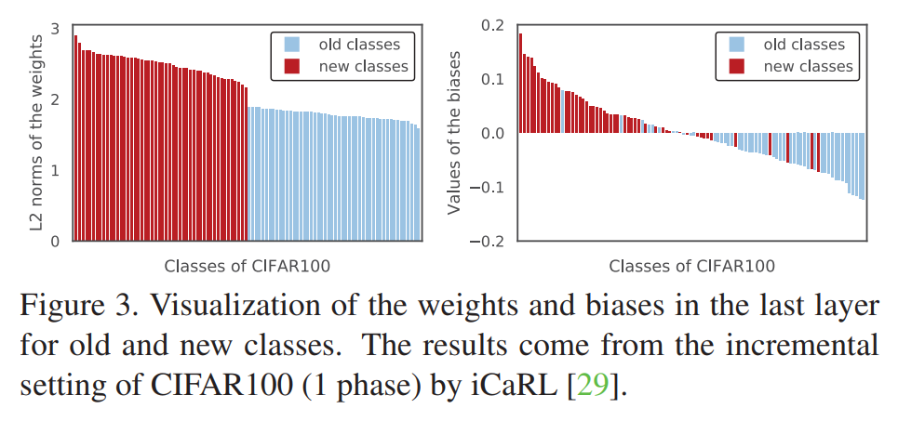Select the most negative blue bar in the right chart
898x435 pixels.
pyautogui.click(x=863, y=166)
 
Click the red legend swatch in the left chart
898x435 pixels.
pyautogui.click(x=291, y=66)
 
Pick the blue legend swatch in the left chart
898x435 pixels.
pyautogui.click(x=291, y=44)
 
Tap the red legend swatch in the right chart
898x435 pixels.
pyautogui.click(x=736, y=66)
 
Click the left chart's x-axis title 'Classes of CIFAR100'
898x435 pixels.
pyautogui.click(x=247, y=266)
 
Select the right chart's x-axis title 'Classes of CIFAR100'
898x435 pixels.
pyautogui.click(x=691, y=266)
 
